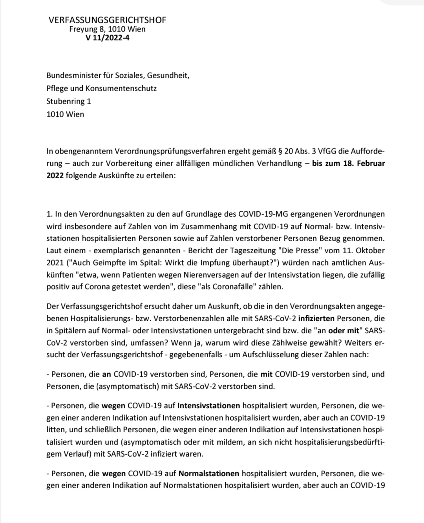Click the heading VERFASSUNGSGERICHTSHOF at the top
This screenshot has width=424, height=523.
[107, 20]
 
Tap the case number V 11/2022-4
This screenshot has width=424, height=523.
[107, 38]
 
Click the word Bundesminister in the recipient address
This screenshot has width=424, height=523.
[73, 75]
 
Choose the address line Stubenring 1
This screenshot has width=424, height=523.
[69, 101]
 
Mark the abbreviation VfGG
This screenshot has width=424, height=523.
[307, 151]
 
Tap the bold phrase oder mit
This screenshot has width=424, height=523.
[344, 331]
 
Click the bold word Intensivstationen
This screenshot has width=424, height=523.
[209, 406]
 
